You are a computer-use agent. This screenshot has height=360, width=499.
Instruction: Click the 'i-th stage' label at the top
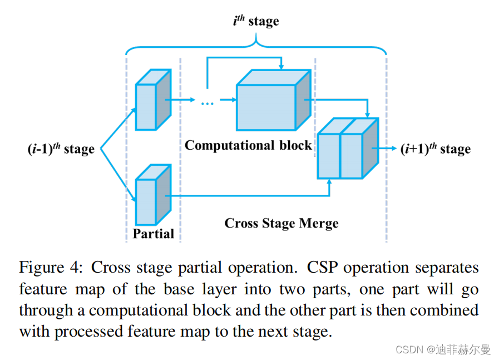[255, 22]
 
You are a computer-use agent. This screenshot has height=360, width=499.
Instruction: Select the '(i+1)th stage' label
[436, 149]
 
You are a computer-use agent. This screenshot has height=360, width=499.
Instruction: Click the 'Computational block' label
[248, 146]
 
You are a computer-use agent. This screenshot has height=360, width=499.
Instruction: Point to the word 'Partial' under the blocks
[153, 234]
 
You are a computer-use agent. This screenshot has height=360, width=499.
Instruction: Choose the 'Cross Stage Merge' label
[281, 224]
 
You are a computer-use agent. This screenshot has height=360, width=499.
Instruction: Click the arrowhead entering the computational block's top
[281, 67]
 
